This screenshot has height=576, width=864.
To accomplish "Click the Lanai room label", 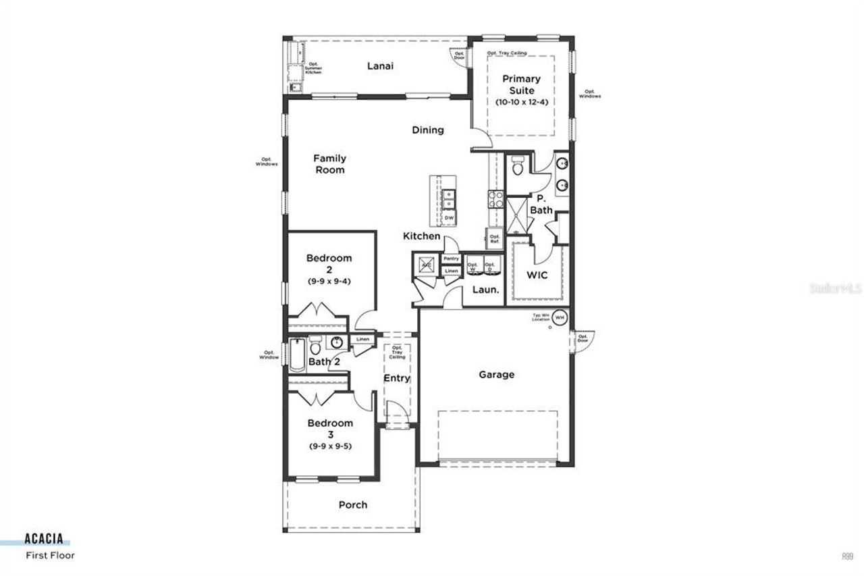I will (380, 66).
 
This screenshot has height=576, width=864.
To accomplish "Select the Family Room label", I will (329, 164).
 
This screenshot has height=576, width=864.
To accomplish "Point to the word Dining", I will (428, 130).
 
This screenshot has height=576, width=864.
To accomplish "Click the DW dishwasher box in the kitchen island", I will (449, 219).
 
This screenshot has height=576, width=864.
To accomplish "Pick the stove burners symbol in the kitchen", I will (495, 199).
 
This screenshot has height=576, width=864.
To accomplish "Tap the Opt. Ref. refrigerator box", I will (495, 239).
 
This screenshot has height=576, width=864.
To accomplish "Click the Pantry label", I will (452, 259).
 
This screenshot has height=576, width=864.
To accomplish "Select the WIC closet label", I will (537, 276).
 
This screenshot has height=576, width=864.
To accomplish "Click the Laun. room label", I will (485, 290).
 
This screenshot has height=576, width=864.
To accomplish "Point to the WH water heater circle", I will (560, 316).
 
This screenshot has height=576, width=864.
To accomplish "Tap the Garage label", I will (497, 374).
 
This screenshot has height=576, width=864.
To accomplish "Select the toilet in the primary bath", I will (518, 165).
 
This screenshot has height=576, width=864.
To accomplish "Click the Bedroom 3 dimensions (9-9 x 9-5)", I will (330, 446).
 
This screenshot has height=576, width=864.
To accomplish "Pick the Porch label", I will (353, 504).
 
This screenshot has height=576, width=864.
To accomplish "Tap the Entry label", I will (397, 378).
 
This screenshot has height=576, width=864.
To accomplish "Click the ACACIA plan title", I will (44, 539).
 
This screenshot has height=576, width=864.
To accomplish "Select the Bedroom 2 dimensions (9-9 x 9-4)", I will (329, 281).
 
